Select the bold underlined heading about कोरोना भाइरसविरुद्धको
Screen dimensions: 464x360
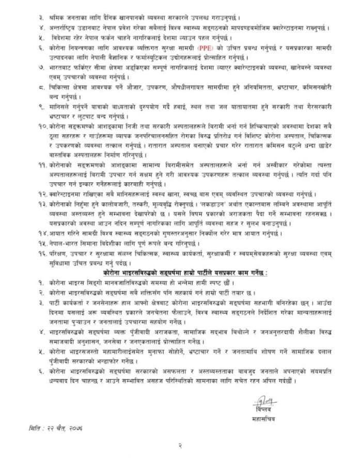[180, 271]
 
